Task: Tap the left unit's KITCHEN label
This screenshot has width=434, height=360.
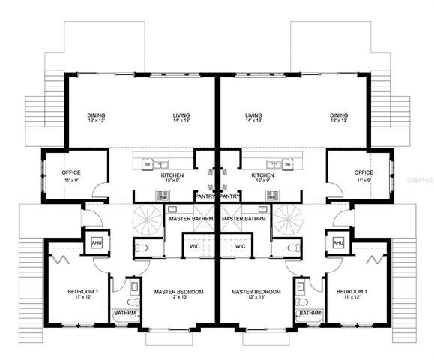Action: [x=172, y=175]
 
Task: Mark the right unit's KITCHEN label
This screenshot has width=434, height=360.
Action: [x=262, y=175]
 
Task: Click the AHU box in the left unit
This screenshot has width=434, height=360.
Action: [x=97, y=243]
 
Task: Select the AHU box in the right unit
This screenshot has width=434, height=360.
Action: [x=338, y=243]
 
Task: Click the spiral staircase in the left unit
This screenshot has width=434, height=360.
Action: [x=146, y=220]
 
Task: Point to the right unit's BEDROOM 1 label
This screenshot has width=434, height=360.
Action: [x=351, y=293]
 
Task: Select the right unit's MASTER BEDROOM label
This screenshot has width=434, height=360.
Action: [x=256, y=293]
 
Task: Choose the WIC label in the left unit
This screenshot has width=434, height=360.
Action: [x=194, y=246]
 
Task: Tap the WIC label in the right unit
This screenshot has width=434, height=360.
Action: [x=241, y=246]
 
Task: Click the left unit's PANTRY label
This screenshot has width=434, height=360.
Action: [x=205, y=196]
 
